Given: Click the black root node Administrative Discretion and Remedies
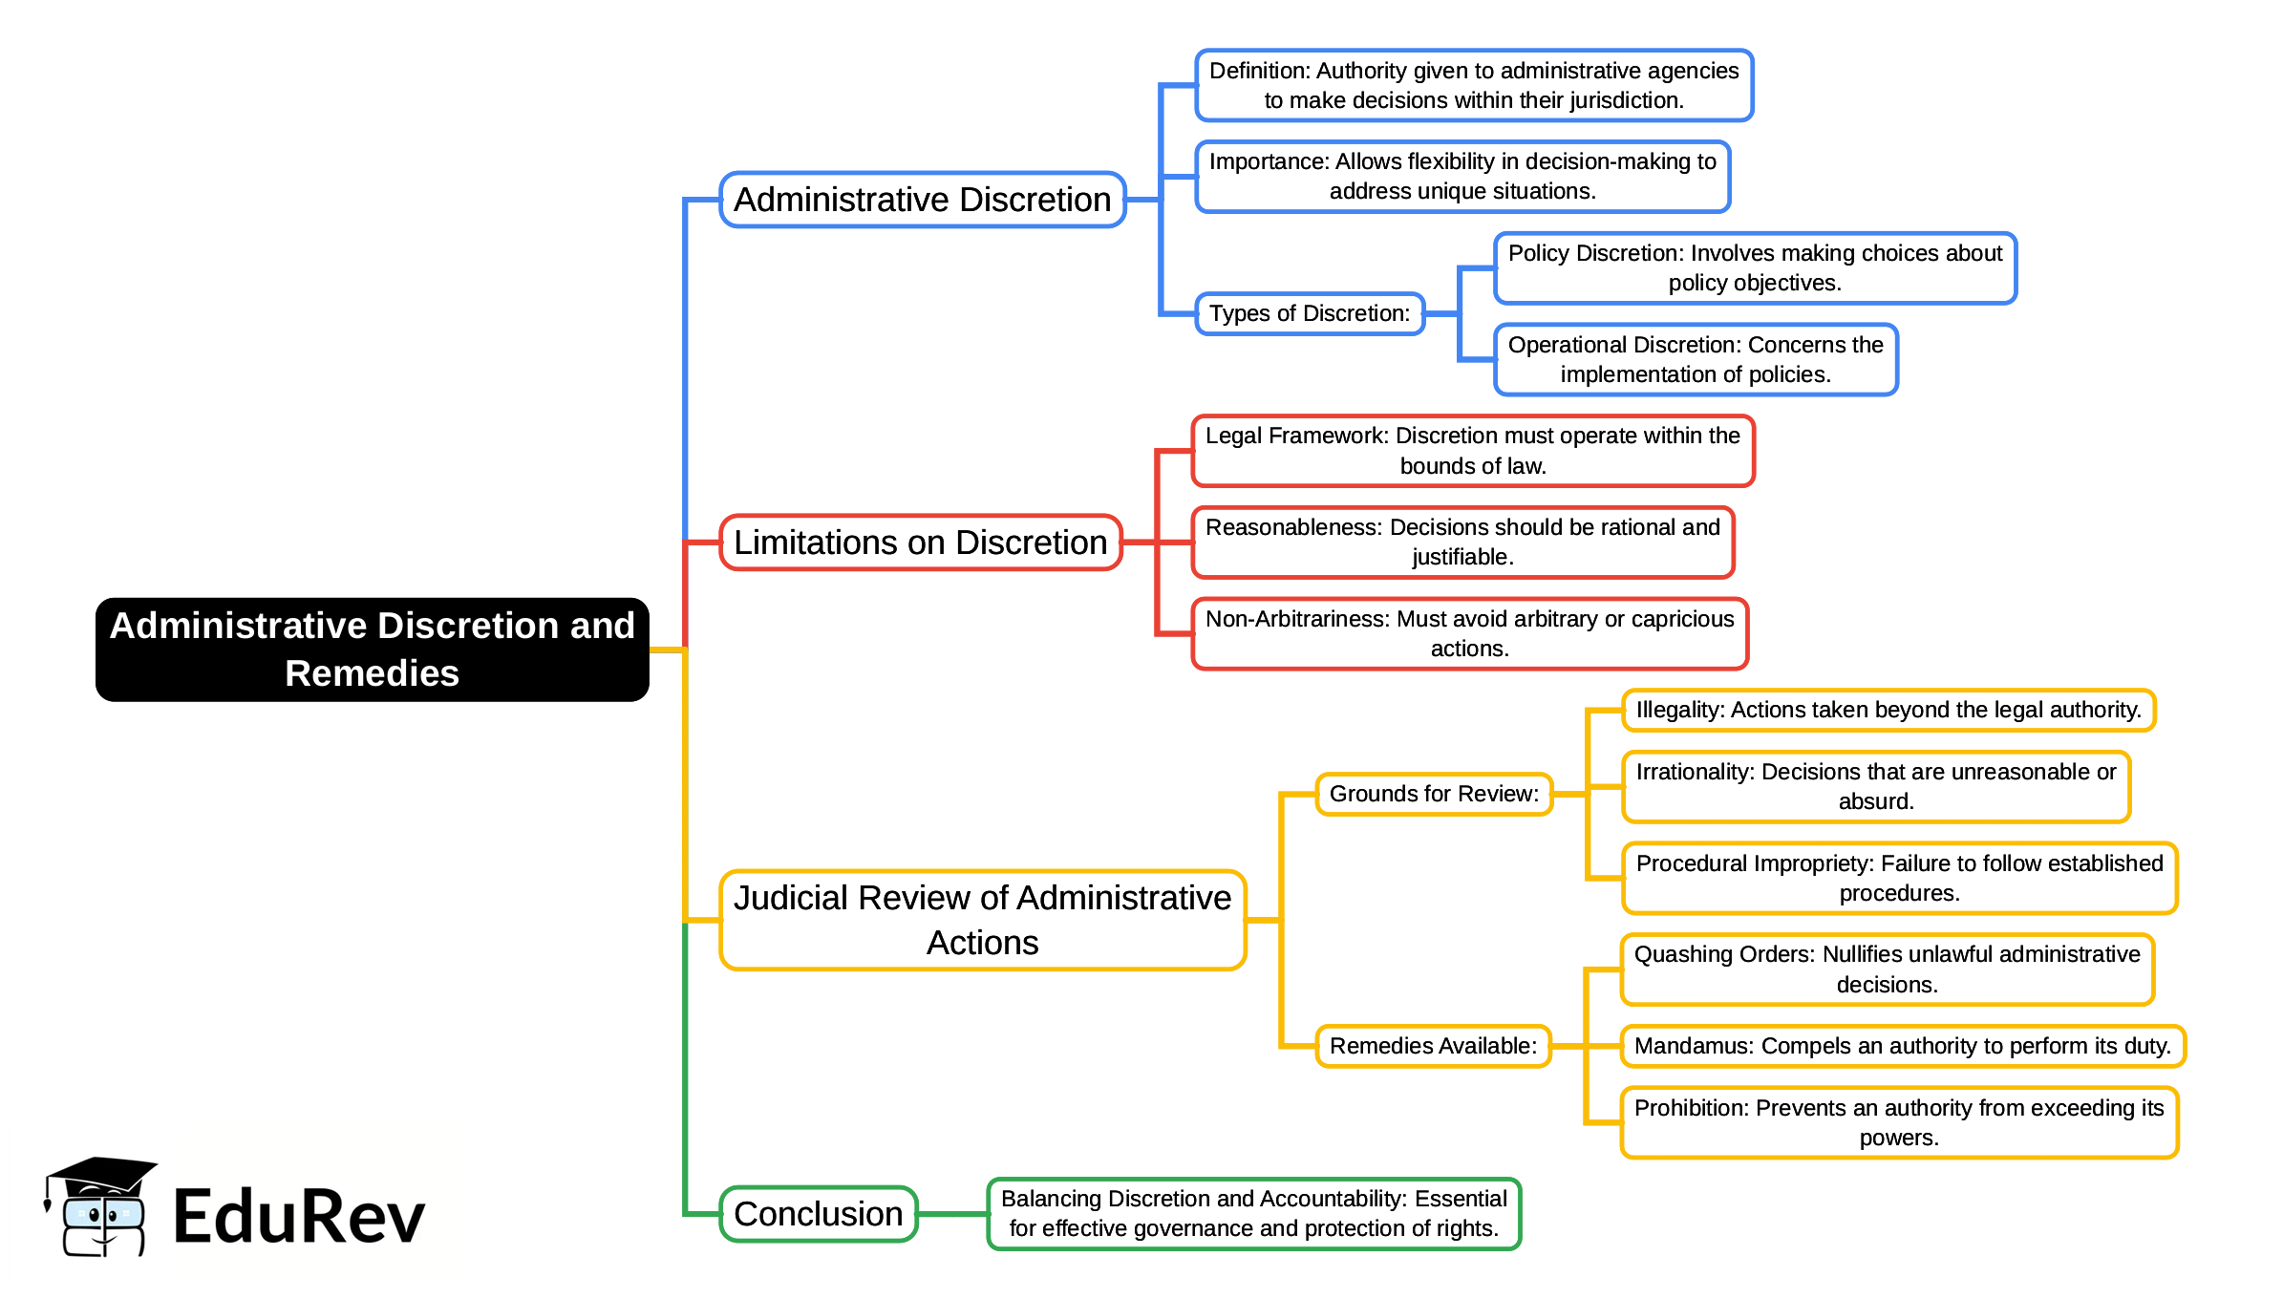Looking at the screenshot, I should [x=373, y=649].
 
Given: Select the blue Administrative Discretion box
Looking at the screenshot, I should [x=922, y=200].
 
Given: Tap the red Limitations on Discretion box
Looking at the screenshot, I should [x=920, y=543].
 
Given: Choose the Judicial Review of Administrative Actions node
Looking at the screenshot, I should [x=982, y=920].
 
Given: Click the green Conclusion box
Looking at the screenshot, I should [x=819, y=1214].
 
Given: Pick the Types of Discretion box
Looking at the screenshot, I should [x=1310, y=313].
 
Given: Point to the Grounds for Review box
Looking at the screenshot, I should [x=1434, y=794].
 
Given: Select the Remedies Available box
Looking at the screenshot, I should [x=1433, y=1046].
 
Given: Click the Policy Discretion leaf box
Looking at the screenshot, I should [x=1755, y=267].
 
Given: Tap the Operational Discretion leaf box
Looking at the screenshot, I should [x=1696, y=359].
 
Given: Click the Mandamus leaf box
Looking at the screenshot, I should [x=1902, y=1046].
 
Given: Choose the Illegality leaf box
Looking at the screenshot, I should [x=1888, y=710].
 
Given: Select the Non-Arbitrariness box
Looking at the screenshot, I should [x=1469, y=633].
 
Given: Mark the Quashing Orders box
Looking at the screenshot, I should [x=1887, y=969].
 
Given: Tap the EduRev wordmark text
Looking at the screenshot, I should [x=299, y=1217].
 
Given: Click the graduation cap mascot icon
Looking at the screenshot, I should [x=101, y=1206].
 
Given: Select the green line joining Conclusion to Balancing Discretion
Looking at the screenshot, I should [x=951, y=1214].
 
